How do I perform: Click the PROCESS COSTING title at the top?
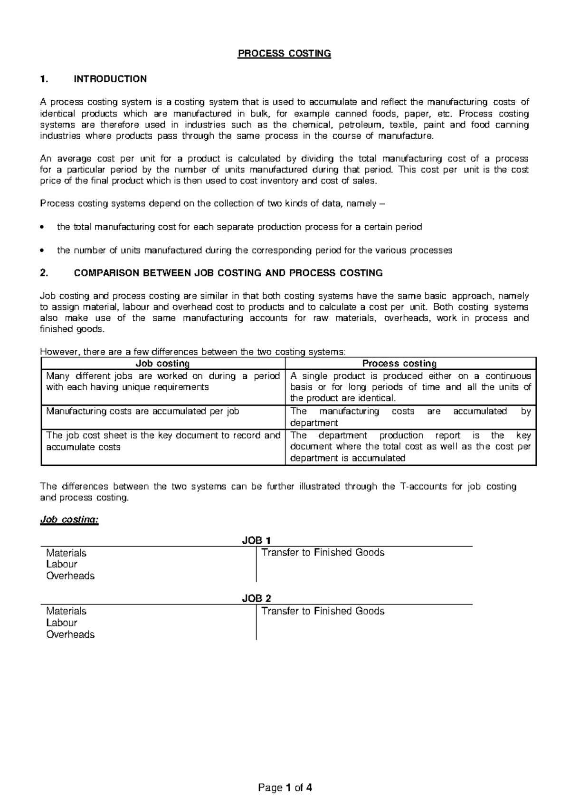(x=284, y=53)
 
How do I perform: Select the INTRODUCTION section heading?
(x=110, y=79)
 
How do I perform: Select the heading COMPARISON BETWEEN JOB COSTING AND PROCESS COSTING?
(x=228, y=273)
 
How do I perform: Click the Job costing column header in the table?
(x=162, y=364)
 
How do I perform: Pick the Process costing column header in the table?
(x=399, y=364)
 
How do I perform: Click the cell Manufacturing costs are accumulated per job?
(x=142, y=412)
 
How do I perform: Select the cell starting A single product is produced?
(x=410, y=387)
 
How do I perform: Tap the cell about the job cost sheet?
(x=163, y=441)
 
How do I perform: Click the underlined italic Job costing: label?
(x=69, y=519)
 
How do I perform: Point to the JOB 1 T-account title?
(x=256, y=540)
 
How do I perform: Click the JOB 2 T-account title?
(x=256, y=598)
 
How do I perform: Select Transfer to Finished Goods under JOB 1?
(x=323, y=553)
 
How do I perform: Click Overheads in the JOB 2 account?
(x=70, y=634)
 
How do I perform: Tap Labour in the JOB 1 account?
(x=62, y=564)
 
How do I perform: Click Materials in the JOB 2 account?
(x=66, y=611)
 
